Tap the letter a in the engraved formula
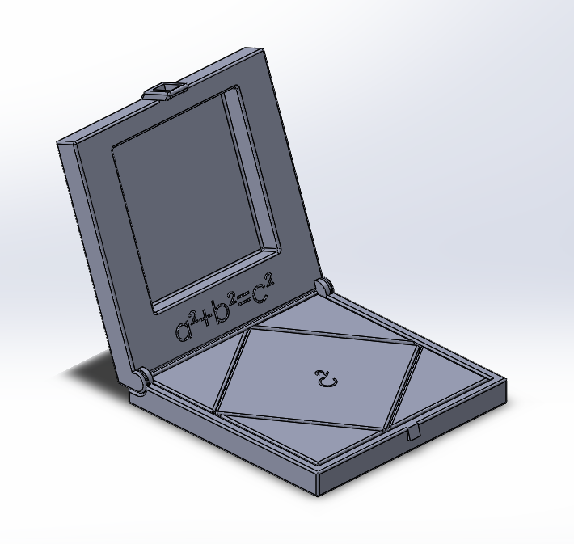pyautogui.click(x=184, y=331)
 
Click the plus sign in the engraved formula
pyautogui.click(x=202, y=321)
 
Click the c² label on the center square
pyautogui.click(x=326, y=377)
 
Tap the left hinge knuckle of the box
pyautogui.click(x=142, y=378)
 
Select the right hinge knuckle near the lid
pyautogui.click(x=323, y=286)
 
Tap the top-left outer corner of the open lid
pyautogui.click(x=59, y=145)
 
